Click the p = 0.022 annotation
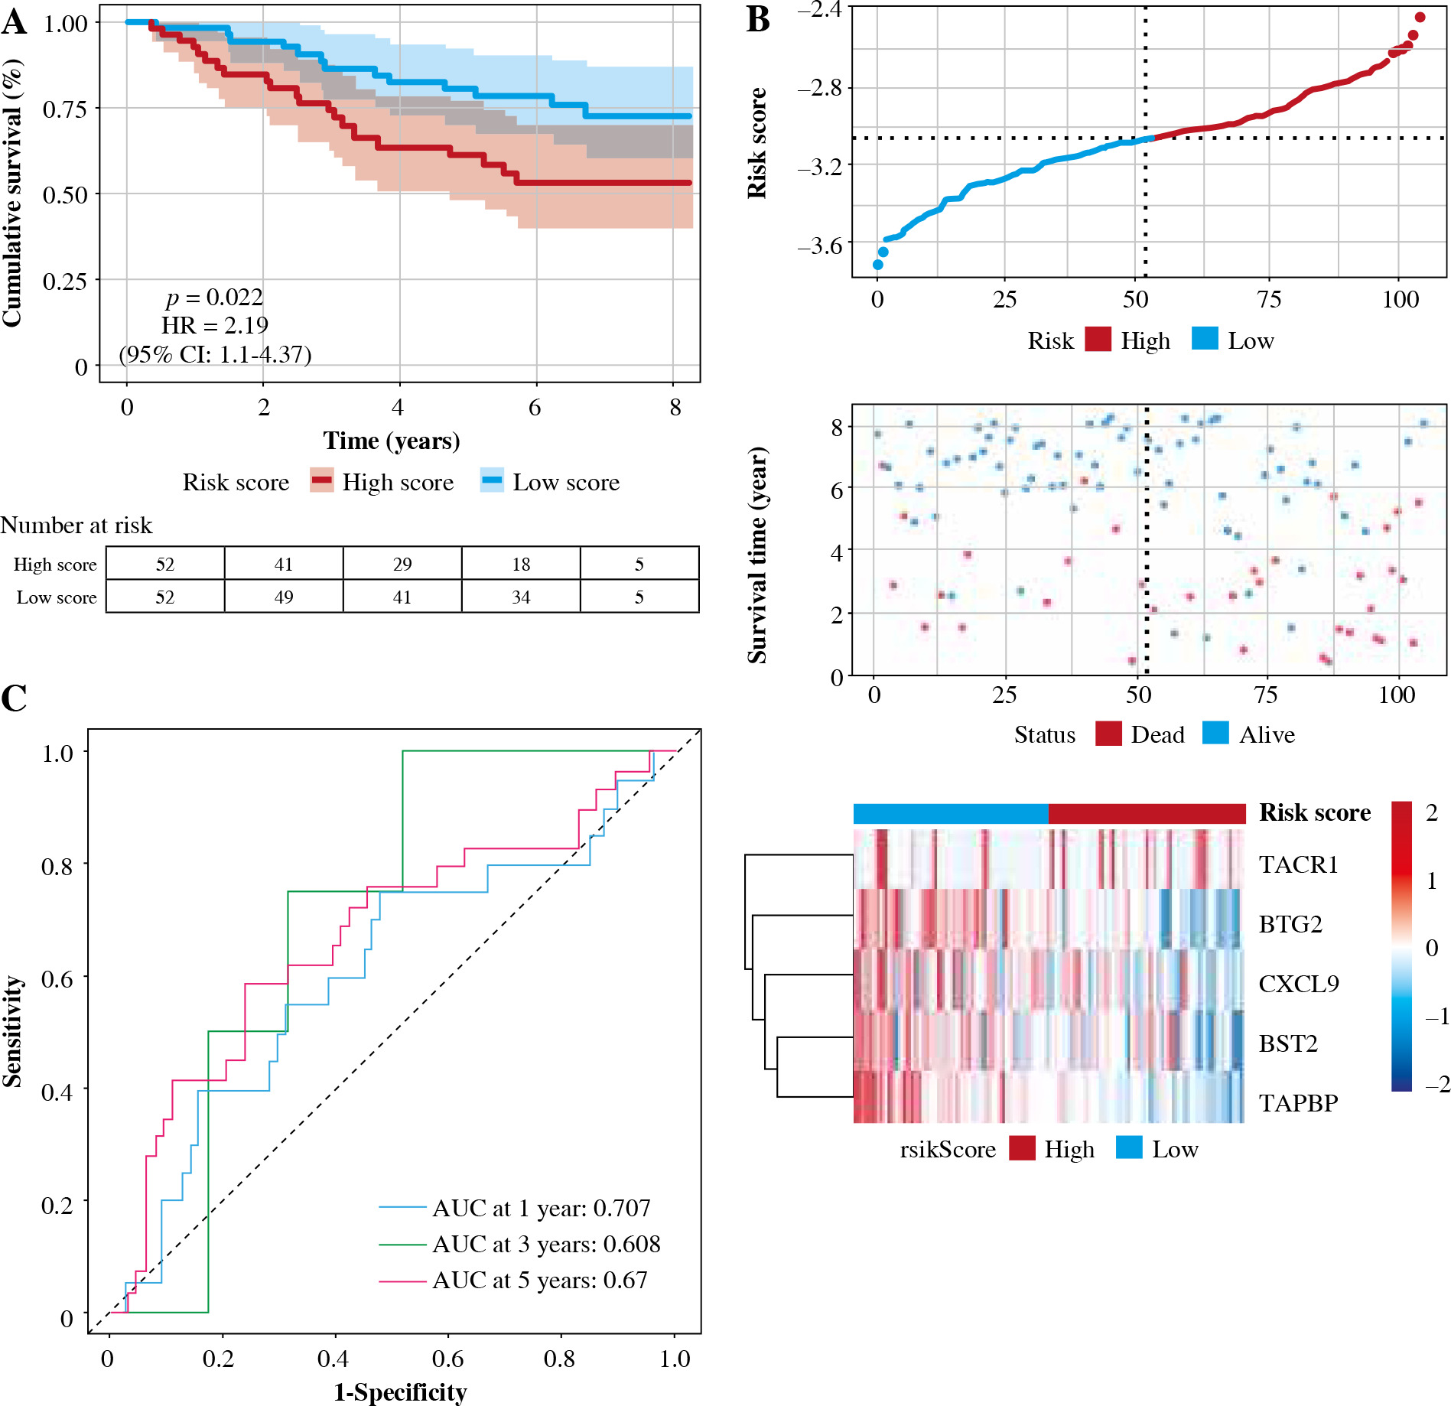(214, 297)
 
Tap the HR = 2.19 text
(214, 325)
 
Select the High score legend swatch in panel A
(322, 480)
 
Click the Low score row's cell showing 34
(521, 597)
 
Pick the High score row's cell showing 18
(521, 564)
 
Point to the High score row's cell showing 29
(402, 564)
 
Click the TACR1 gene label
(1298, 864)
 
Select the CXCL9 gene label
(1299, 984)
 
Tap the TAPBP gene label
(1298, 1103)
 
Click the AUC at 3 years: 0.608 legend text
(546, 1244)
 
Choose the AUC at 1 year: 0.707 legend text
(542, 1208)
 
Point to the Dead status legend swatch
(1108, 734)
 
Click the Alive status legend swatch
(1215, 734)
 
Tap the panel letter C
(14, 698)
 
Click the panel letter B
(757, 19)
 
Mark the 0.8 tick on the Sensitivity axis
(57, 866)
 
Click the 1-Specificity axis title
(400, 1392)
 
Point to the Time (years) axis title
(392, 441)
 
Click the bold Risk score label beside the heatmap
(1315, 812)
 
